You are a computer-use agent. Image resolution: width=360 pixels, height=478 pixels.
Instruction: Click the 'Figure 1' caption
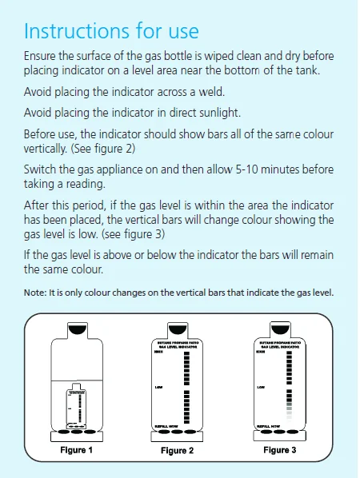(x=77, y=450)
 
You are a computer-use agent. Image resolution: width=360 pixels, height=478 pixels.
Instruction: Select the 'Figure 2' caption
(x=178, y=451)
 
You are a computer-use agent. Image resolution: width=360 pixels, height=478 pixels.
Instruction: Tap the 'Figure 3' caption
(x=280, y=450)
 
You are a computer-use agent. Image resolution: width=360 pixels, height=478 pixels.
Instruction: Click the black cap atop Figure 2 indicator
(x=178, y=328)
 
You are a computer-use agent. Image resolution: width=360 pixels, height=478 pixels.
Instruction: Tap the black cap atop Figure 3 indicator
(x=280, y=328)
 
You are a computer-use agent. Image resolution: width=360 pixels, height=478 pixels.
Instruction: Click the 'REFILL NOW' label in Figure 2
(x=166, y=427)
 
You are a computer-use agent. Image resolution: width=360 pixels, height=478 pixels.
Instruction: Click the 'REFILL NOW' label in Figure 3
(x=268, y=427)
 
